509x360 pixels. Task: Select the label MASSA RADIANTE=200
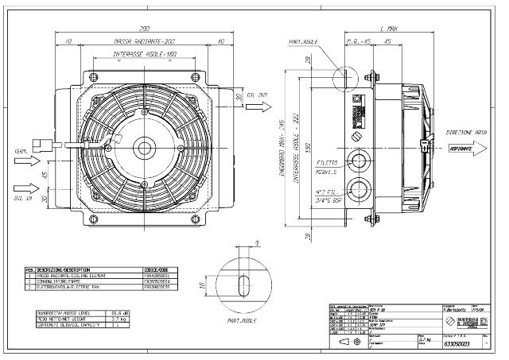(143, 41)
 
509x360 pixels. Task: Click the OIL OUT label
(257, 94)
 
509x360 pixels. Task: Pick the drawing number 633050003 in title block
(455, 343)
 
